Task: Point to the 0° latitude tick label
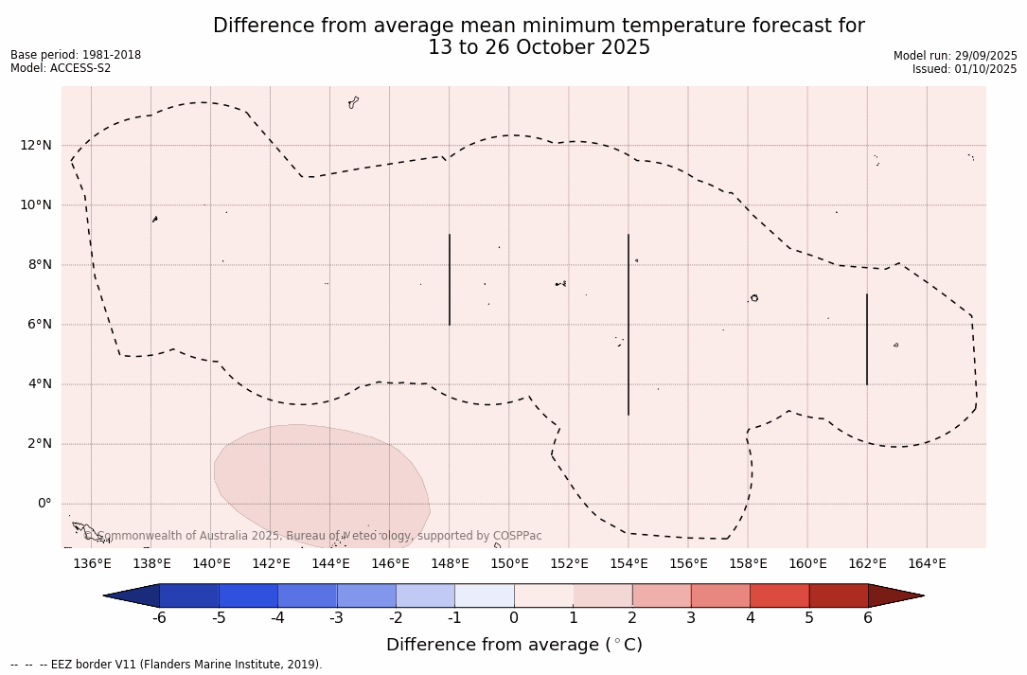(44, 504)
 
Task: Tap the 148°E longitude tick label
(450, 564)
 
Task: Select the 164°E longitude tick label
(927, 564)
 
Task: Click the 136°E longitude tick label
(92, 564)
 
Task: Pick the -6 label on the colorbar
(159, 618)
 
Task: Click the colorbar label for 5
(809, 618)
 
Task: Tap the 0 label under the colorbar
(514, 618)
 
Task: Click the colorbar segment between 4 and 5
(779, 595)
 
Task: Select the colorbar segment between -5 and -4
(248, 595)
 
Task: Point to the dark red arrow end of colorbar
(894, 595)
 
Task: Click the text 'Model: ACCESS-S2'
(61, 68)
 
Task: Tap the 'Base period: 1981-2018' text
(76, 55)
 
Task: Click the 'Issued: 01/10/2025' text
(965, 69)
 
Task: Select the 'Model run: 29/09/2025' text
(955, 56)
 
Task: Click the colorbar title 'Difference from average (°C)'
(514, 646)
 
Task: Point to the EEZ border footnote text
(167, 665)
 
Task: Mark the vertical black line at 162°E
(867, 339)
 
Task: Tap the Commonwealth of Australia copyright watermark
(312, 536)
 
